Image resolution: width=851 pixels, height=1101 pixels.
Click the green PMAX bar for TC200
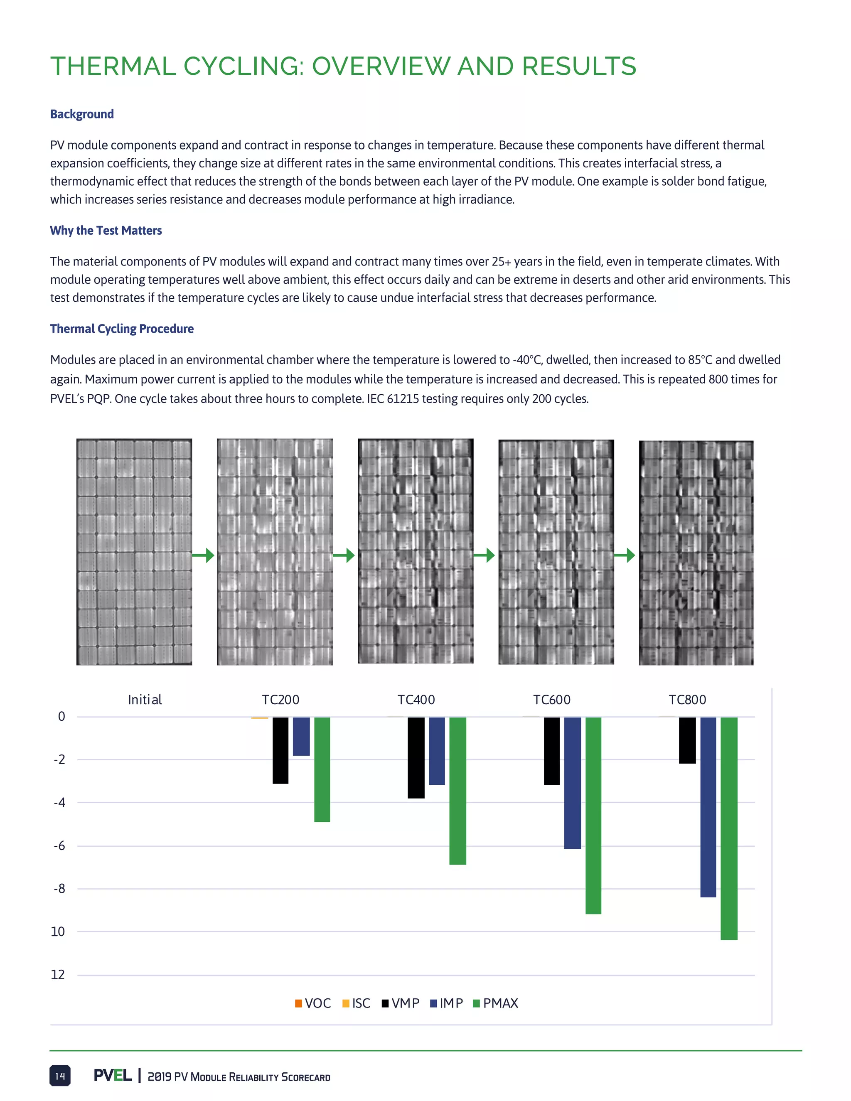(x=322, y=769)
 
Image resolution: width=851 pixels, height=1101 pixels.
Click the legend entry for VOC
(x=312, y=1003)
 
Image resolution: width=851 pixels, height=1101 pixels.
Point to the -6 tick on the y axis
(x=59, y=846)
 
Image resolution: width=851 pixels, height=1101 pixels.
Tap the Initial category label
(x=145, y=700)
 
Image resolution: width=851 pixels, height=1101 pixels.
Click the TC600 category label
(x=551, y=700)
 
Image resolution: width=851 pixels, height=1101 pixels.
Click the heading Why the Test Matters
(x=106, y=231)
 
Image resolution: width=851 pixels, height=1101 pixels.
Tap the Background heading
(x=82, y=114)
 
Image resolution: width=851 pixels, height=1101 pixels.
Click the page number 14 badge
(x=60, y=1076)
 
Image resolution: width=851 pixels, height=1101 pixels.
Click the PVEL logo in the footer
(x=113, y=1075)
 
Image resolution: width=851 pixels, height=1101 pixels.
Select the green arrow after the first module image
(x=204, y=555)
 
